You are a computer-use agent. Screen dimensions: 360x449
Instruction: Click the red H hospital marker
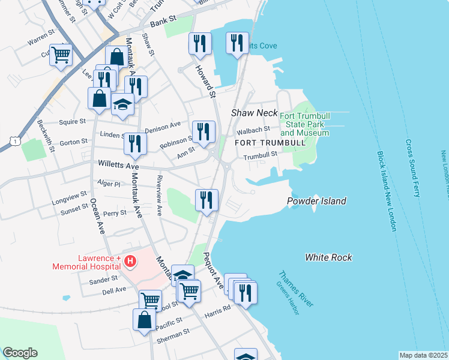[130, 262]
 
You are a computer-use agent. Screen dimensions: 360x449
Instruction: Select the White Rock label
[328, 257]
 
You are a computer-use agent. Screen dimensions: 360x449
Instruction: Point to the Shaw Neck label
[255, 113]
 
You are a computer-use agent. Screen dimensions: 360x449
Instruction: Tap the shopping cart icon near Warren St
[61, 55]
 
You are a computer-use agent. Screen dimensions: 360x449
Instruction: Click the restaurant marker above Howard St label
[200, 44]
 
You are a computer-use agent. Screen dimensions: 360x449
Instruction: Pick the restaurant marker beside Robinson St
[203, 131]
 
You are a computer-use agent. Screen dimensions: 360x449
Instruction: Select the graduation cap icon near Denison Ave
[122, 104]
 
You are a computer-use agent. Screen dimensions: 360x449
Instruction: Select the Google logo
[20, 353]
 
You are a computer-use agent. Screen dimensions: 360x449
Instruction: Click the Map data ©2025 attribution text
[423, 355]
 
